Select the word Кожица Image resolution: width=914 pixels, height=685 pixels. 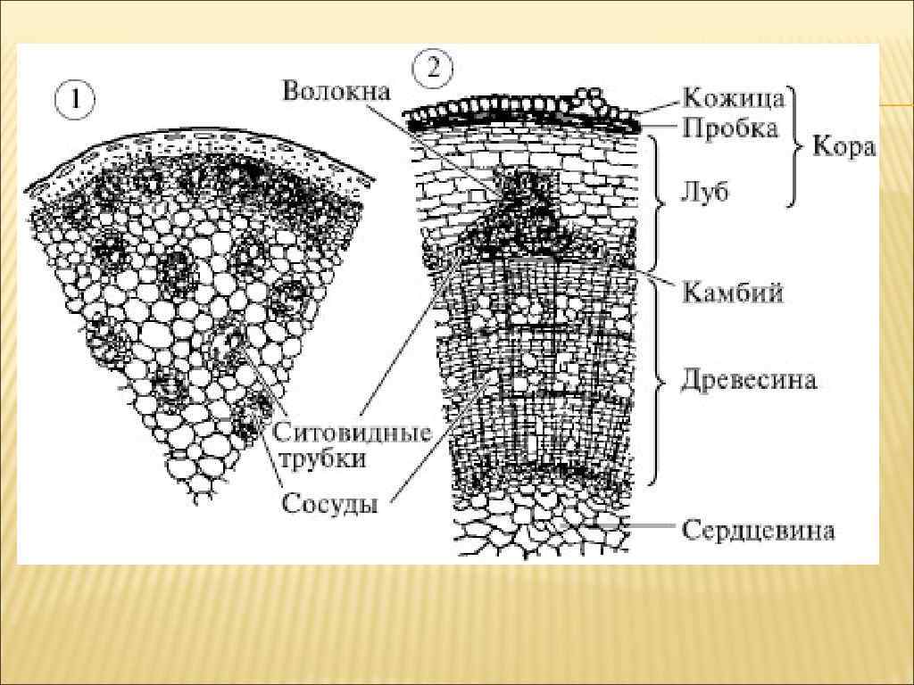734,96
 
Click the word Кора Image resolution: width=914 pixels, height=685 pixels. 843,147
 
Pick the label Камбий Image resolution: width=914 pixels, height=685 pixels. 732,292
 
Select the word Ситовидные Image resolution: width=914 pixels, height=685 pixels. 353,434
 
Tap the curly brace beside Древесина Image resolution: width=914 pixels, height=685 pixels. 660,381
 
